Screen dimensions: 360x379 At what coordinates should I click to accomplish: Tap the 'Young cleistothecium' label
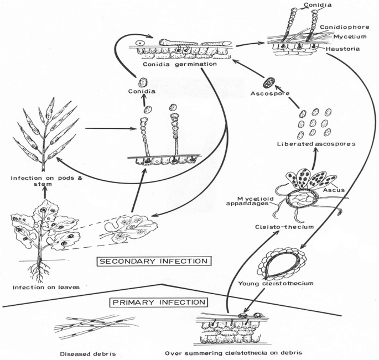(284, 283)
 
